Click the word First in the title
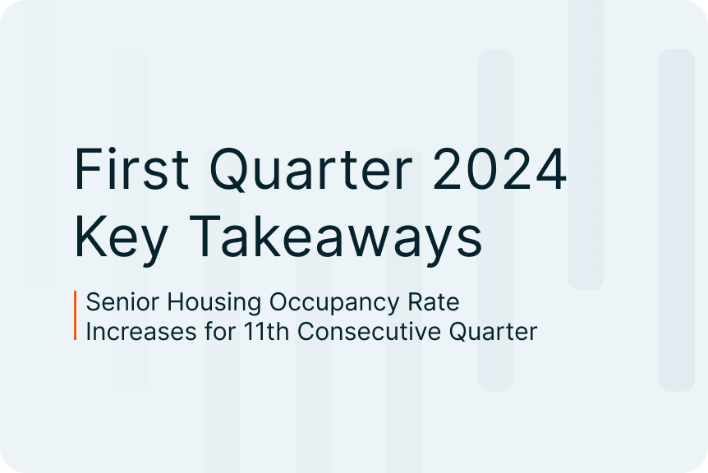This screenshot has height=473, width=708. (131, 169)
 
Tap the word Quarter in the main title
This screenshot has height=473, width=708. (310, 170)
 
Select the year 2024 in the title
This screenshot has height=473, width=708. (499, 169)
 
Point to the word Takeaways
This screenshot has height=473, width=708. (335, 237)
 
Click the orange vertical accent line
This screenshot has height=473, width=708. (76, 315)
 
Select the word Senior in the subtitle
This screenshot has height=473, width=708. (122, 301)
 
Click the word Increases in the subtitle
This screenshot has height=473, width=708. (141, 331)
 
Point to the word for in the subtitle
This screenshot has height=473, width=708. (220, 331)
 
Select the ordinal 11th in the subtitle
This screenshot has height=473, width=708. (266, 331)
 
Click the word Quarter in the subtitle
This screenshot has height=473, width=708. (493, 333)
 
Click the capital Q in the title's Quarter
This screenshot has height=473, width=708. (231, 170)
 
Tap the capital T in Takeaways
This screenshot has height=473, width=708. (205, 236)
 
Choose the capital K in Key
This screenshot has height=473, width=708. (90, 236)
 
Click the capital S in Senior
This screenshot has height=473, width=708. (93, 302)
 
